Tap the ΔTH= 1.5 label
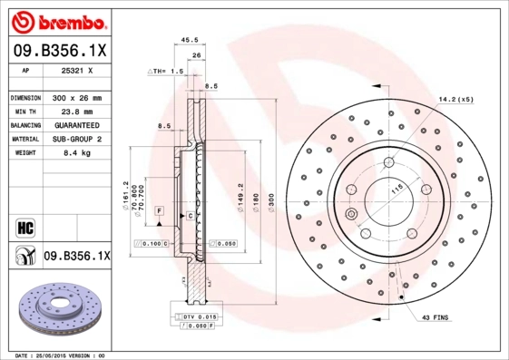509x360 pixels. [x=165, y=71]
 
